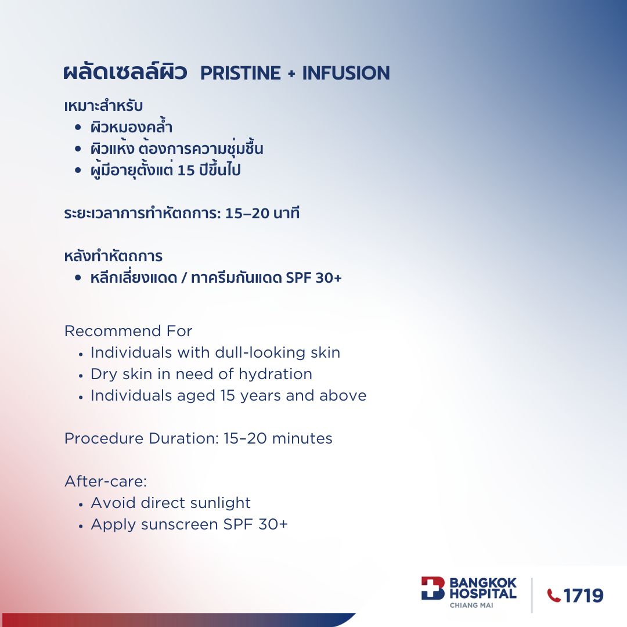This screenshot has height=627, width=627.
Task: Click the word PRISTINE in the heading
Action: point(240,73)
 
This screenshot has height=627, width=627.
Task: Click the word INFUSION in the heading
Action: point(346,73)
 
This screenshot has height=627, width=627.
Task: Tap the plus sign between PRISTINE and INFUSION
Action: point(291,74)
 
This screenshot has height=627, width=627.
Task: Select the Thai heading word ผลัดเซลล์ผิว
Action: point(125,71)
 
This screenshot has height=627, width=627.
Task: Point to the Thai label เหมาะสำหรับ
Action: point(103,106)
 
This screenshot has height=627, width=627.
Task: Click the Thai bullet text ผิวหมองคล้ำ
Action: point(132,127)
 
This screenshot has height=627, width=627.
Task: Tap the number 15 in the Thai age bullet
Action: point(186,170)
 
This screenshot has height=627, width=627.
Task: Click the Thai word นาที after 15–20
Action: point(286,213)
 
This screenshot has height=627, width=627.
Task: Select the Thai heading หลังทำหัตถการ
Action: point(113,256)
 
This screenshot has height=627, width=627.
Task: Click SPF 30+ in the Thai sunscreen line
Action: point(314,278)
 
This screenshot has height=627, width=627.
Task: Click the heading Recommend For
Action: point(128,331)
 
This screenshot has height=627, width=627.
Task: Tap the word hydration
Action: point(276,374)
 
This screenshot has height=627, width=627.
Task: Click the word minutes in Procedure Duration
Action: point(302,439)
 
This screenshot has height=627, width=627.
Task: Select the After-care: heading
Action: point(106,481)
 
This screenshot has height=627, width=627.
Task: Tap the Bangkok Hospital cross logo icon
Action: point(433,588)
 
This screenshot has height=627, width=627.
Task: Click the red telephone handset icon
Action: point(554,596)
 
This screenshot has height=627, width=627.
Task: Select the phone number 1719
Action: point(583,596)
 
